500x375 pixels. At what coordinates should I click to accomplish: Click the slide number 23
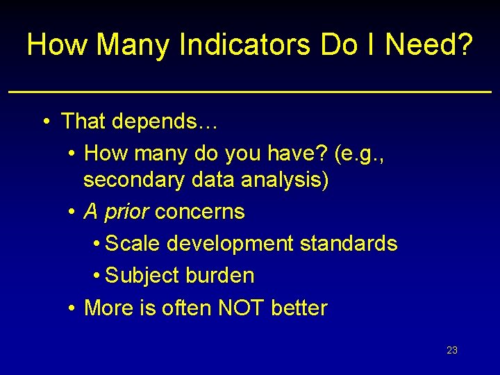pyautogui.click(x=452, y=350)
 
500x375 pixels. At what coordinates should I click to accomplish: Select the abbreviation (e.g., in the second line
pyautogui.click(x=359, y=153)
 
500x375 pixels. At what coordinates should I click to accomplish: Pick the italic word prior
pyautogui.click(x=126, y=212)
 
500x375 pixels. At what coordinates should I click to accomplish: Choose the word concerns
pyautogui.click(x=200, y=212)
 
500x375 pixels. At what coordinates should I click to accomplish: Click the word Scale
pyautogui.click(x=133, y=244)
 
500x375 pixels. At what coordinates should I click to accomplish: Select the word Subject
pyautogui.click(x=142, y=276)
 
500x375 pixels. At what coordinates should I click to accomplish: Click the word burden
pyautogui.click(x=220, y=276)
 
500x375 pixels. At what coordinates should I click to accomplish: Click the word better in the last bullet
pyautogui.click(x=300, y=308)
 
